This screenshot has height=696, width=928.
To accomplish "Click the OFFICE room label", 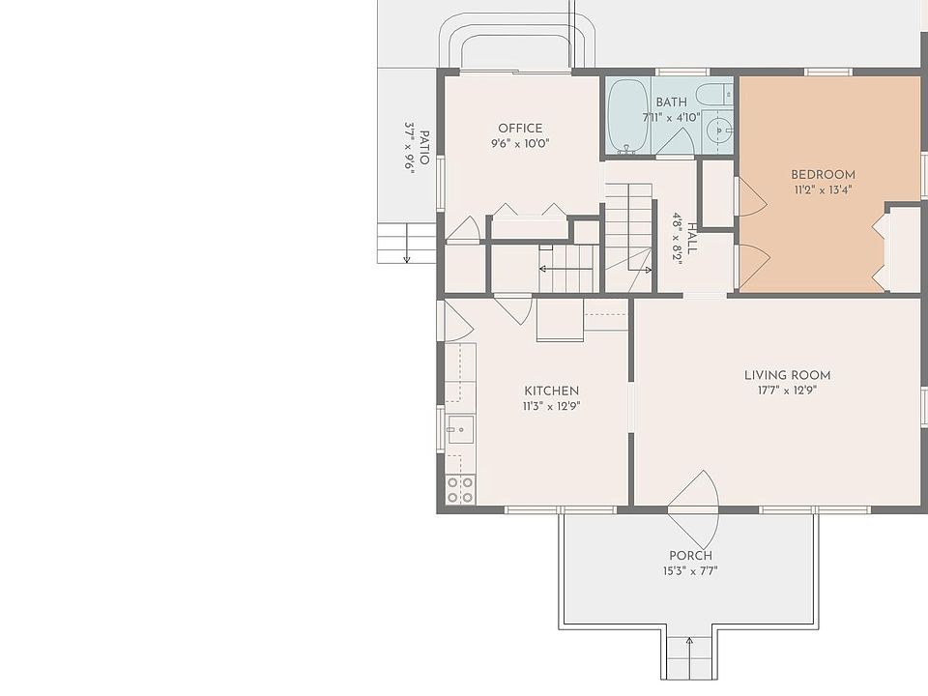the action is point(520,129).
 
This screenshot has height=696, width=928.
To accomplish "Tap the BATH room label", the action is point(671,102).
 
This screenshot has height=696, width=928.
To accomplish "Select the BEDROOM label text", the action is point(824,175).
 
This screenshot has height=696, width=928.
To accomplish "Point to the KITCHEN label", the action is point(552,391).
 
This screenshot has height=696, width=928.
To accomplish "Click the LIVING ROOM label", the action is point(787,375).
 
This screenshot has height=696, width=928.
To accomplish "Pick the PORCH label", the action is point(690,556).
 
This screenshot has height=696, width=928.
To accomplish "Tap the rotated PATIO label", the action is point(424,147).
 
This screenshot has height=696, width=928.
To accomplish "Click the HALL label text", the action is point(692,238).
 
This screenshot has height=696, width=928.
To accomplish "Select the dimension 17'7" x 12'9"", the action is point(787,391).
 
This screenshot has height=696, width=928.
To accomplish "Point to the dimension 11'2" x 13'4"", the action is point(824,190).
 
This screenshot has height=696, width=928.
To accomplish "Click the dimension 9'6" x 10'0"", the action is point(520,144).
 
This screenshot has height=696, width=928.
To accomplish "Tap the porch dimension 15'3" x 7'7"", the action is point(690,571).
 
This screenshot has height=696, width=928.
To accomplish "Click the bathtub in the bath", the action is point(628,116).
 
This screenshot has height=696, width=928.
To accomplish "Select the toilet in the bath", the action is point(713,94).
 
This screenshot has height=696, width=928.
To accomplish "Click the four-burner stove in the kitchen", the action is point(460,490).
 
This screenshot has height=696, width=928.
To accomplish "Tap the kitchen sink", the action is point(460,429).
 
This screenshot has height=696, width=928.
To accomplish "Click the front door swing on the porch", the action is point(693,509).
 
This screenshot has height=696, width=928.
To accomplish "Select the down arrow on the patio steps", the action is point(407,244).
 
